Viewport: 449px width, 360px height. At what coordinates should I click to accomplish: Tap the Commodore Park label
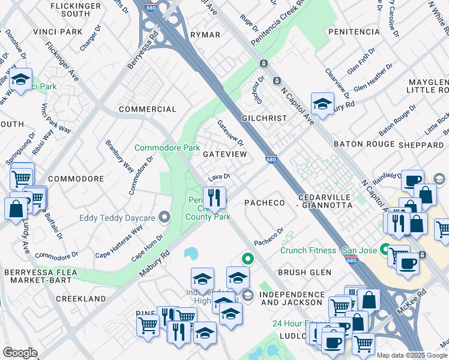pos(167,148)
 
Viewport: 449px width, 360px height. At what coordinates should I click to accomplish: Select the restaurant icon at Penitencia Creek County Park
pos(214,197)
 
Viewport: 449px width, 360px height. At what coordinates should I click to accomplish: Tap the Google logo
pos(20,353)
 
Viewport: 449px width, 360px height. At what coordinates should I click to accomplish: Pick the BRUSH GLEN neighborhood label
pos(304,272)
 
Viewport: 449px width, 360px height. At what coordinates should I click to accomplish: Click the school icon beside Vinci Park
pos(20,79)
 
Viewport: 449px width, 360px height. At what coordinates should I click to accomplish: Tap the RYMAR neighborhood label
pos(205,35)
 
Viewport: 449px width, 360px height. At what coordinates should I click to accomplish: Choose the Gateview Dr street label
pos(231,133)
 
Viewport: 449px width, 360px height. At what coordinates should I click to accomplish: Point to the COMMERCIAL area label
pos(148,109)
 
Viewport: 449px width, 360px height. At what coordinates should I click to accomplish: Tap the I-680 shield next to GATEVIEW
pos(270,158)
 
